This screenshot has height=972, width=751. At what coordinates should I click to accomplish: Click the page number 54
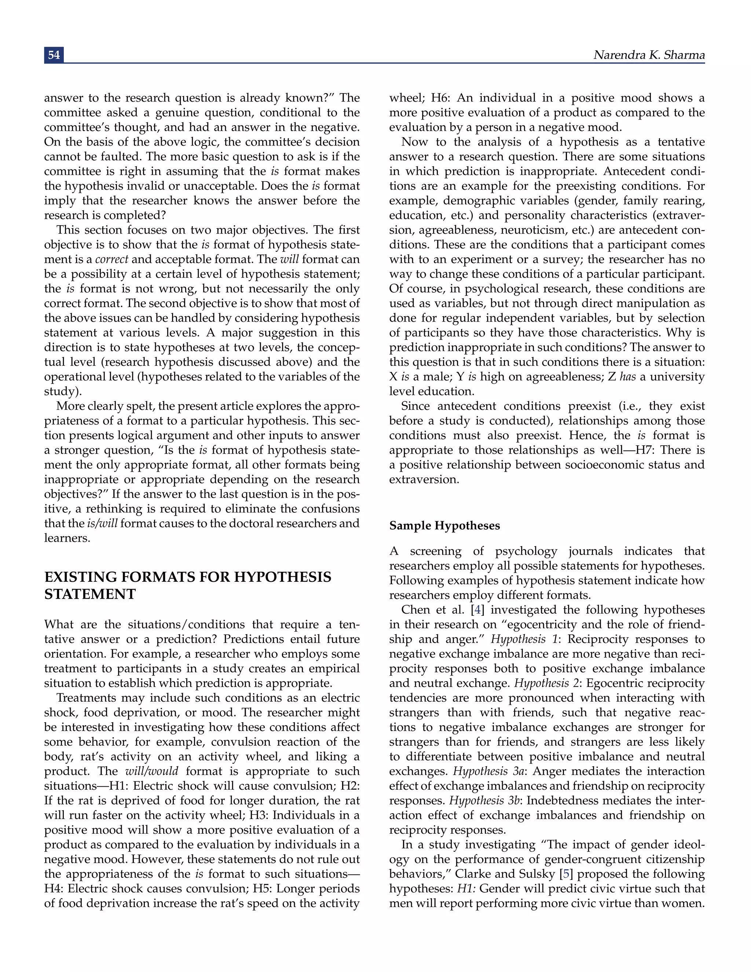(x=54, y=55)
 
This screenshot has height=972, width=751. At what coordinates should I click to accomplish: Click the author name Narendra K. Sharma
(x=649, y=55)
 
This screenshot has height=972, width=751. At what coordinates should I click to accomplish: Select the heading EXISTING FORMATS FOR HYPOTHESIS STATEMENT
(x=187, y=585)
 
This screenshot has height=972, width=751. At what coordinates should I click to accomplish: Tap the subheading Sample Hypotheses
(x=444, y=526)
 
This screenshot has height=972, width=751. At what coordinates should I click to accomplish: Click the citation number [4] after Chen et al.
(x=477, y=610)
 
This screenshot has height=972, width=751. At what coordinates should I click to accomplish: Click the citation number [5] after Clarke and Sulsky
(x=566, y=874)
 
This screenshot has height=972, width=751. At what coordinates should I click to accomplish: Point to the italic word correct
(x=112, y=259)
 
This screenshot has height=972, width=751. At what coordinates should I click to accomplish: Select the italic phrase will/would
(x=151, y=771)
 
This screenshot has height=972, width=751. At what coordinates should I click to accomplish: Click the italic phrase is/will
(x=102, y=523)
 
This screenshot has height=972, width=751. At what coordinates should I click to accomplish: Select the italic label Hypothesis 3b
(x=484, y=801)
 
